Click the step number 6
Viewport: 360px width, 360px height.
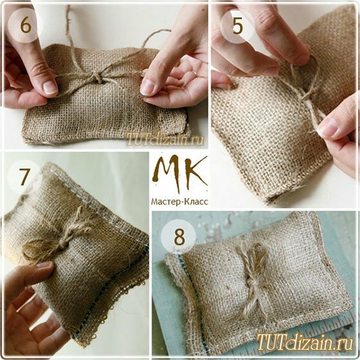[26, 25]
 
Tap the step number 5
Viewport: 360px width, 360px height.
[237, 26]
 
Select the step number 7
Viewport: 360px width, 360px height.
[24, 177]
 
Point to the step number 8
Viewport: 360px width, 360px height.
[179, 237]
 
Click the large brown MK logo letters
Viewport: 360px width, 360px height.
[180, 173]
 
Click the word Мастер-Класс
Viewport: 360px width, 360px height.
[179, 202]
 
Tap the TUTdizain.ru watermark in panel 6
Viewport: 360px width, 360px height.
[165, 139]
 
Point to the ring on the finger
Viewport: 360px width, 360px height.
[195, 73]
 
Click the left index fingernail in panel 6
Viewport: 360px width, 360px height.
[50, 87]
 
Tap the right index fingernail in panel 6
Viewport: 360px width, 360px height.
[147, 87]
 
